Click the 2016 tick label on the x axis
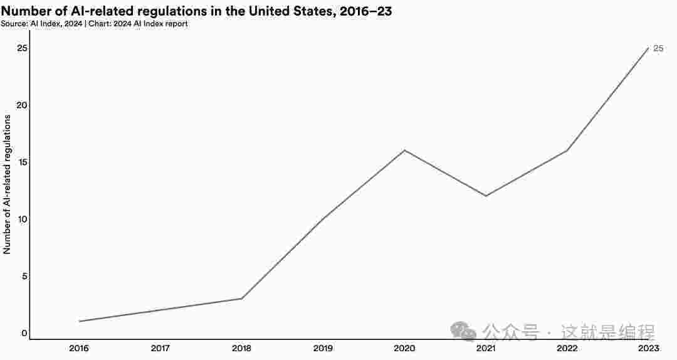point(79,348)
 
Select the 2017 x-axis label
point(160,348)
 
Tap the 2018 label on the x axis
point(242,348)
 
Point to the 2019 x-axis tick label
point(323,348)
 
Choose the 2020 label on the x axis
point(404,348)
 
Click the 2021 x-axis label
point(486,348)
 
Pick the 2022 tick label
point(567,348)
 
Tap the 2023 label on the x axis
point(648,348)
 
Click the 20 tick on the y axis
point(22,105)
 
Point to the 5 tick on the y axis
point(24,276)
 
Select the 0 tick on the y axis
point(24,333)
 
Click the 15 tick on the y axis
point(22,162)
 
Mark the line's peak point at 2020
point(404,151)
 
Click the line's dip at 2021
point(486,196)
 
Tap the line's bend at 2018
point(242,299)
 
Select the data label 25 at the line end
point(658,48)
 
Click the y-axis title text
point(8,184)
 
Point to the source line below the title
point(94,24)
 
